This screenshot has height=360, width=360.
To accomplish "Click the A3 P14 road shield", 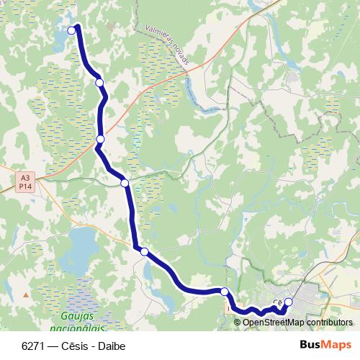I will pos(25,181).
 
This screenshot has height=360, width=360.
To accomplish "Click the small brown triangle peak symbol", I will pos(27,294).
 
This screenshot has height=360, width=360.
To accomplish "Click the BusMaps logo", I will pos(325,344).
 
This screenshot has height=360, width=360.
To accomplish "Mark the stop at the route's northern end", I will pos(71,30).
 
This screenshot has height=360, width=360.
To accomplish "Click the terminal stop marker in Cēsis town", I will pos(289,302).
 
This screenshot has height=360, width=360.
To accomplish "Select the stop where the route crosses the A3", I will pos(125,183).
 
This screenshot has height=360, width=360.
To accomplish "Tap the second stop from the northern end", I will pos(99,83).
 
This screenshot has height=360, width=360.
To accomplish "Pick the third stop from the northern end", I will pos(100,139).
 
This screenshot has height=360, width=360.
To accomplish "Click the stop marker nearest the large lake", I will pos(145,251).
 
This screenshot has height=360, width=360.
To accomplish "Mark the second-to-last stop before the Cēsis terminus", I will pos(225,292).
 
